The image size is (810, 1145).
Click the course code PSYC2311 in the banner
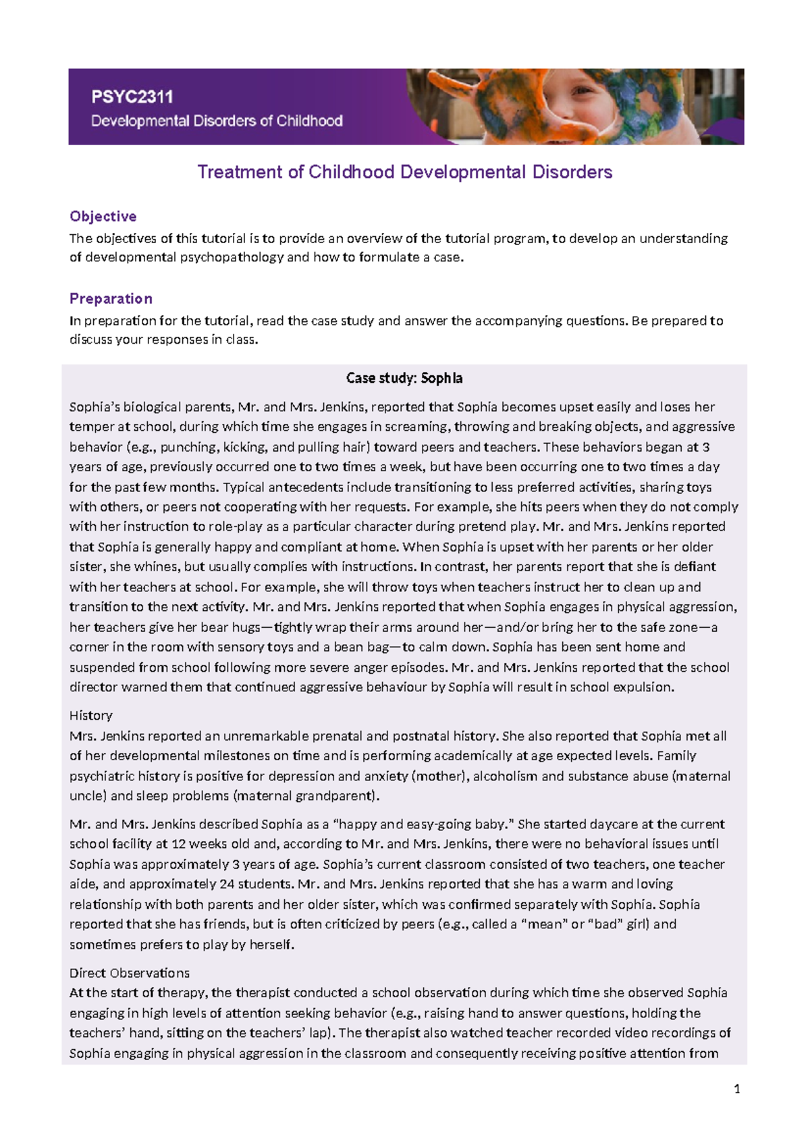tap(132, 97)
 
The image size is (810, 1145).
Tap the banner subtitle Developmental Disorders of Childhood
tap(217, 122)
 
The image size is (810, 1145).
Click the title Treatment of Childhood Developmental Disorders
tap(404, 172)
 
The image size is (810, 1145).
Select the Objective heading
tap(103, 217)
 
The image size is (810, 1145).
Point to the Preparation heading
tap(111, 298)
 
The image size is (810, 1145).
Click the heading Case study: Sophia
tap(404, 378)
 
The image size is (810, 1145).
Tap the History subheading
tap(91, 716)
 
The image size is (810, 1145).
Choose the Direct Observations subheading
tap(130, 973)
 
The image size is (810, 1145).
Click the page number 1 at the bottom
tap(737, 1088)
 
